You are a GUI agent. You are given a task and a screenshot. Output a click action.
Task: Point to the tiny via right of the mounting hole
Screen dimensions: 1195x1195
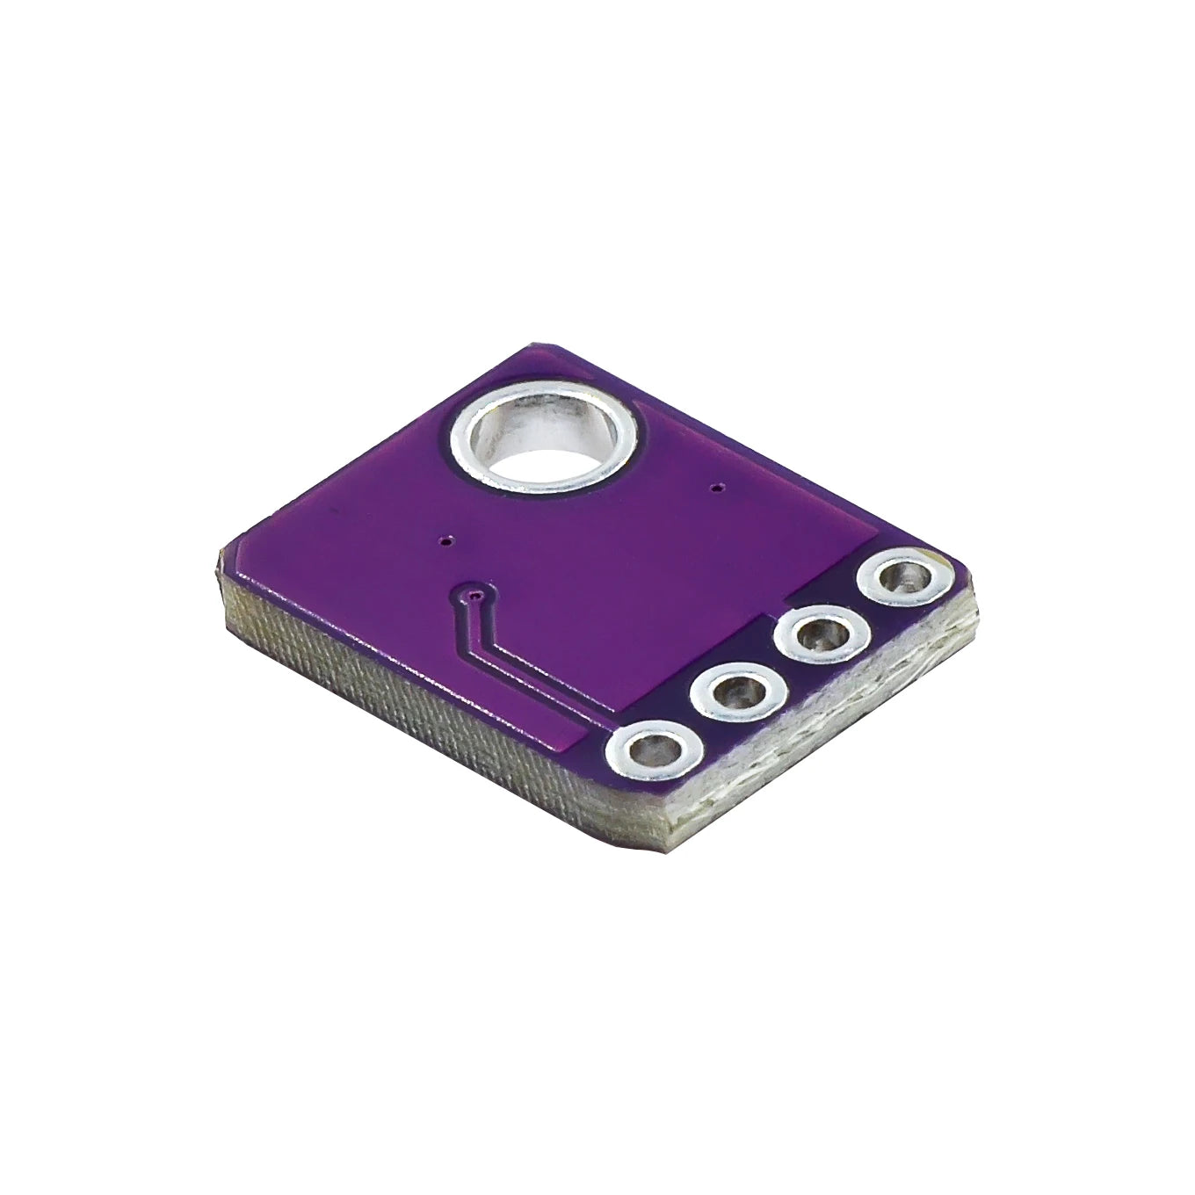tap(720, 485)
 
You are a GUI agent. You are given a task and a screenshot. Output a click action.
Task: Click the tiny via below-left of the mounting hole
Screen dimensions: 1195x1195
tap(445, 540)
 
